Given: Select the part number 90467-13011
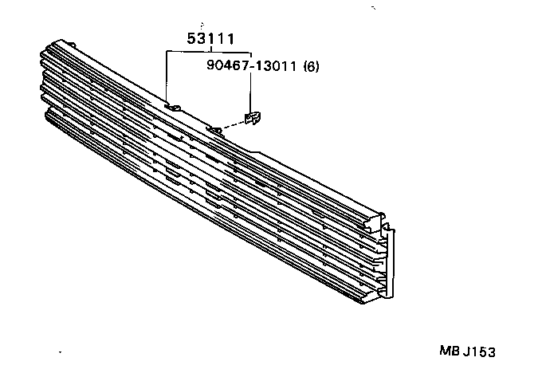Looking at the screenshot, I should (251, 67).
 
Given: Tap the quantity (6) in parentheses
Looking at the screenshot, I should (312, 67).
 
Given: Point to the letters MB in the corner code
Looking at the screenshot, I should (448, 351).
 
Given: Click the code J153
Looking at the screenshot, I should (484, 351).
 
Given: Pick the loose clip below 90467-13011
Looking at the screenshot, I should (253, 118).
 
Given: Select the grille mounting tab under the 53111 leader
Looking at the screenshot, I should (172, 105).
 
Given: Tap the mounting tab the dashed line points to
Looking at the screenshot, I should (214, 128).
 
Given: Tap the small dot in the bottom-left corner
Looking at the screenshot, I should (61, 352).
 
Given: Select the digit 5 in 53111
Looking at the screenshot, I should (191, 39).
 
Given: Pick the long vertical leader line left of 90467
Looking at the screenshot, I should (167, 77).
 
